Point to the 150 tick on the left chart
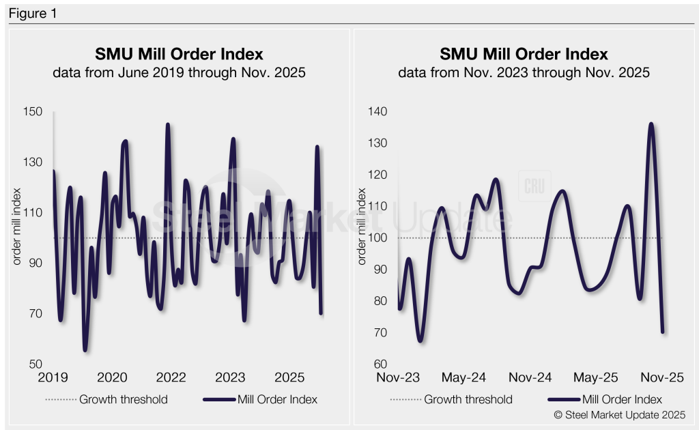tap(34, 112)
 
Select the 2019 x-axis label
tap(53, 377)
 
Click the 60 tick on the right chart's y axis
tap(380, 364)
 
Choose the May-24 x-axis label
tap(463, 377)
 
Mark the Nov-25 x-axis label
tap(661, 377)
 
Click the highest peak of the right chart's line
tap(651, 124)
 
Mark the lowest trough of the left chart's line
tap(85, 350)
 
